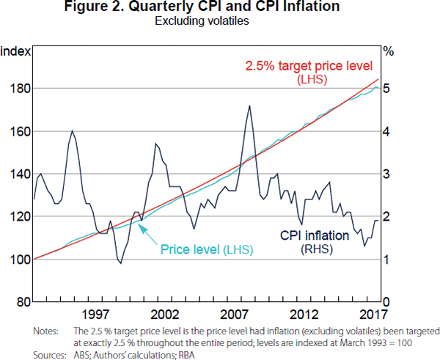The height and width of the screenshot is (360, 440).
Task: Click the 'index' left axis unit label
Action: click(15, 51)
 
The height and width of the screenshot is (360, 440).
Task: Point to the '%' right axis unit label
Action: click(389, 51)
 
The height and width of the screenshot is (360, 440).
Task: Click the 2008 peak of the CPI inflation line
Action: click(250, 106)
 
